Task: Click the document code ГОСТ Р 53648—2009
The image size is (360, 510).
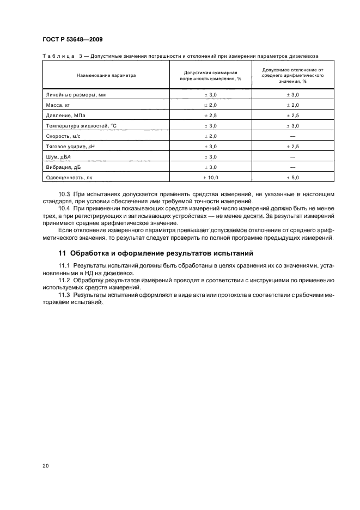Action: [72, 40]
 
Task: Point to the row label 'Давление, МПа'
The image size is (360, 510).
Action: [63, 116]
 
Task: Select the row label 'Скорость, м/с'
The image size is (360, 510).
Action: [62, 136]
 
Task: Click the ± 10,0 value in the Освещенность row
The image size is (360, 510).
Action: [210, 178]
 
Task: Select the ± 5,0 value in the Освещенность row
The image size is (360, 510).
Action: [292, 178]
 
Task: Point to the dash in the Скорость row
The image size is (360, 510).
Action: [292, 136]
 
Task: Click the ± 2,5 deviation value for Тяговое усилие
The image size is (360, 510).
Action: [292, 147]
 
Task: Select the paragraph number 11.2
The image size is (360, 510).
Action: [65, 280]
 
